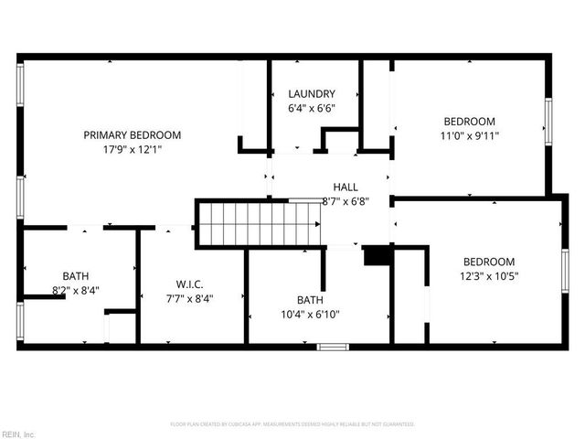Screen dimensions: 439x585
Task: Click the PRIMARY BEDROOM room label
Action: [x=133, y=135]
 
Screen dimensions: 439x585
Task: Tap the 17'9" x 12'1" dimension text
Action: [x=133, y=149]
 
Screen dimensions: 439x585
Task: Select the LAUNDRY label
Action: [x=312, y=93]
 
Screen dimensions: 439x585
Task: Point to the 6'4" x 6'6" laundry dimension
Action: [x=312, y=107]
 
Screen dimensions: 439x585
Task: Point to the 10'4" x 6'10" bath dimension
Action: [x=310, y=314]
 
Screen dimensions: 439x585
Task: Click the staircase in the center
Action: [x=261, y=225]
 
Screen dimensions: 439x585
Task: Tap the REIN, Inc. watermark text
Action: [x=17, y=434]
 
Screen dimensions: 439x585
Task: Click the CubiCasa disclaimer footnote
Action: [x=292, y=424]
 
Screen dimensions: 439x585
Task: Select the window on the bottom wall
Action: [x=332, y=347]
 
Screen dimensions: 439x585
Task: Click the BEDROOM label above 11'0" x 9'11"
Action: [x=470, y=122]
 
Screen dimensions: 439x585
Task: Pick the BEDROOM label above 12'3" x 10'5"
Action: [x=488, y=261]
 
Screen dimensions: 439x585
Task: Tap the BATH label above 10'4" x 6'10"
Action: [x=310, y=300]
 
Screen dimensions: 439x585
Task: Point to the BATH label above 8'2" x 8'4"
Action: [x=76, y=275]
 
